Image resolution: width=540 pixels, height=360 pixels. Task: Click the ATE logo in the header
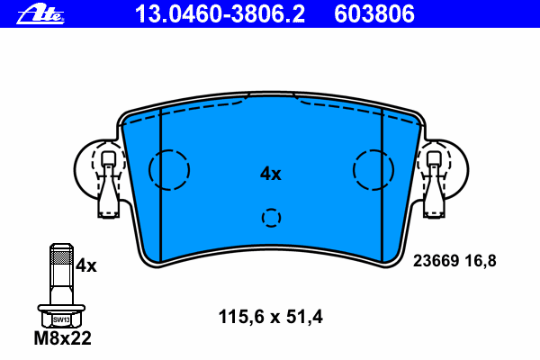[x=40, y=14]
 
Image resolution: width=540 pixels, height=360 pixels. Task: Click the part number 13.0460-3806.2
[x=220, y=14]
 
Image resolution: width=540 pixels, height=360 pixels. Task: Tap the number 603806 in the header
[x=374, y=14]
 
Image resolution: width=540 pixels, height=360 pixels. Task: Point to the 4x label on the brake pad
[x=270, y=174]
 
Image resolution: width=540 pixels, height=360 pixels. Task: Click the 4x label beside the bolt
[x=86, y=265]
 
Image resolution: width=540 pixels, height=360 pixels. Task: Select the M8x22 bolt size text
[x=63, y=338]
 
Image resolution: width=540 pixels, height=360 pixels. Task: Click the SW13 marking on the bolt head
[x=61, y=319]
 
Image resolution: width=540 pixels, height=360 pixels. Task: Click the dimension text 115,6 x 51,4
[x=271, y=317]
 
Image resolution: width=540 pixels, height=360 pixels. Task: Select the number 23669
[x=436, y=261]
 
